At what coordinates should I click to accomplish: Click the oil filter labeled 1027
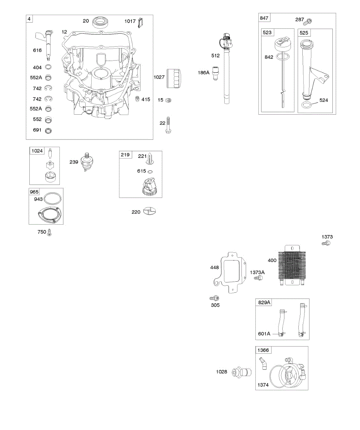click(174, 78)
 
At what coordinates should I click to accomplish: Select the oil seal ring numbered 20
click(101, 22)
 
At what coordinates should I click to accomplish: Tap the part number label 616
click(37, 50)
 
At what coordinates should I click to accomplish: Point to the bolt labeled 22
click(168, 125)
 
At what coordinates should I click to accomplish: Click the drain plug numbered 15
click(168, 100)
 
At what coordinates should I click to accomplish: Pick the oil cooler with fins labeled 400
click(292, 265)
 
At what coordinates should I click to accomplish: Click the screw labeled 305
click(214, 298)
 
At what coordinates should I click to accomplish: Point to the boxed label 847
click(264, 18)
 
